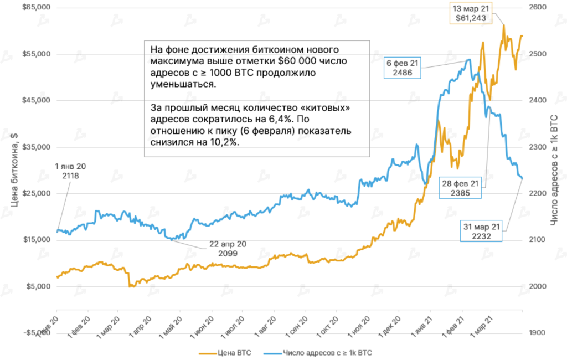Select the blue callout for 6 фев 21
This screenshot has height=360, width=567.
402,68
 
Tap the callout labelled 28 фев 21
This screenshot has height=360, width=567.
460,188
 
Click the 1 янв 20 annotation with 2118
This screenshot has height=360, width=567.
74,171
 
